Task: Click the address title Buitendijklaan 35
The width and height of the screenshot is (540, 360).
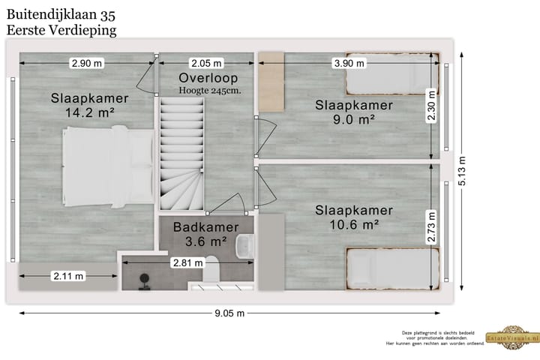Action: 61,14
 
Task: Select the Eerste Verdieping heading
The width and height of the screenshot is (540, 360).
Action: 61,30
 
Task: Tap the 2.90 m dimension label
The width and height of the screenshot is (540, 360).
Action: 86,64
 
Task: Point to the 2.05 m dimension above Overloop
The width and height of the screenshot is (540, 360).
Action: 206,64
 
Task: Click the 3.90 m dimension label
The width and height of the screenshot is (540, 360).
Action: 347,64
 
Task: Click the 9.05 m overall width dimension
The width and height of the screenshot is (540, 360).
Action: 230,314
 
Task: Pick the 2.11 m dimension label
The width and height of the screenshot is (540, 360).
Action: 67,276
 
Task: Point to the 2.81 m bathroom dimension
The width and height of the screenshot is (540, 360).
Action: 187,262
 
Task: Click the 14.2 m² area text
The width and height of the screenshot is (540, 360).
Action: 90,112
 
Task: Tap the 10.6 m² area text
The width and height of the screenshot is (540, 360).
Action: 354,223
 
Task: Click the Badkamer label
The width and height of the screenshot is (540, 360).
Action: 205,227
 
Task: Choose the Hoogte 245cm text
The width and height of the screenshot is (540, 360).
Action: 208,91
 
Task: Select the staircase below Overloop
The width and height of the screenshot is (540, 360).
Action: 180,157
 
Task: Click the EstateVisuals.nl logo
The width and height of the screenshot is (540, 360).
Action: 512,338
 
